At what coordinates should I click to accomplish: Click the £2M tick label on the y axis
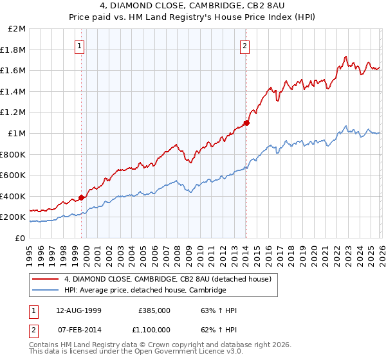[17, 29]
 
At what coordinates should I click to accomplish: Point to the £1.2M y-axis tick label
[14, 113]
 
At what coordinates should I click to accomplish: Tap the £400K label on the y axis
[14, 196]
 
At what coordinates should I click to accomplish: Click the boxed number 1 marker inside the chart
[79, 46]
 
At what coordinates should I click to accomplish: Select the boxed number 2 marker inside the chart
[245, 46]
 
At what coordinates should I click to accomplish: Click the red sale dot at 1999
[82, 198]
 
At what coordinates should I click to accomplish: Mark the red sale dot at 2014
[246, 123]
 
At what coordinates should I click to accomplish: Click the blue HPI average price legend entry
[145, 290]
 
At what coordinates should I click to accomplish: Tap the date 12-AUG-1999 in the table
[79, 310]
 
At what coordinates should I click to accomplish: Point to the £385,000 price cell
[154, 310]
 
